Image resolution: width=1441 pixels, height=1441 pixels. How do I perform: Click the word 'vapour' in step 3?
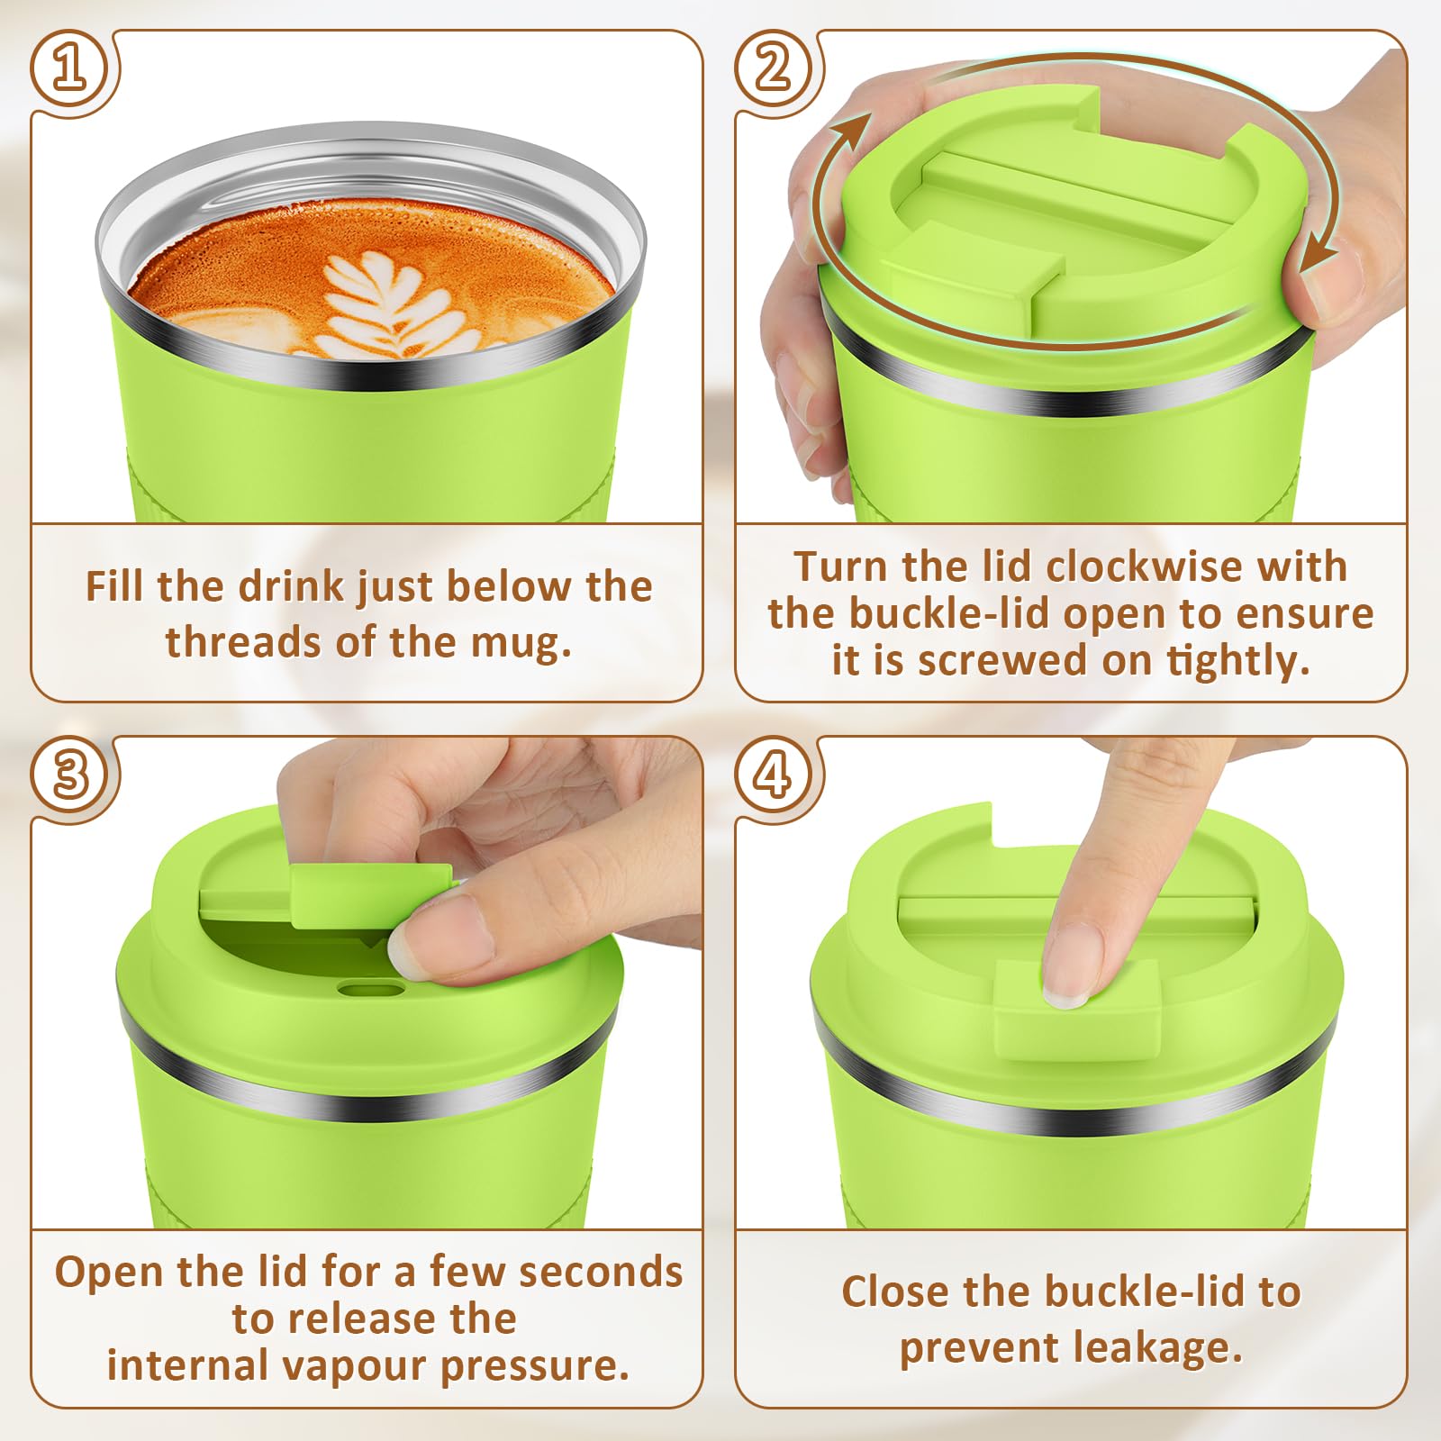pos(346,1365)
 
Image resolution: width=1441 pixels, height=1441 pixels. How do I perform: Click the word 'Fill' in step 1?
pos(115,585)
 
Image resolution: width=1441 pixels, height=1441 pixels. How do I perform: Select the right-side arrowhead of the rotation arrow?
pos(1318,248)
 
